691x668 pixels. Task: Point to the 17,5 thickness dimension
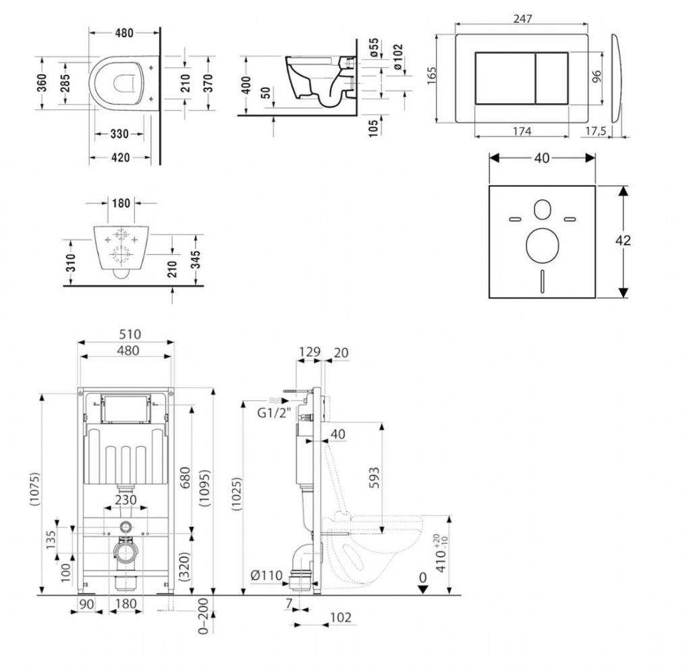pos(594,131)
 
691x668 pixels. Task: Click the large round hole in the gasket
pos(541,247)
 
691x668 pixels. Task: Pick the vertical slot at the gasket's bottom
pos(541,278)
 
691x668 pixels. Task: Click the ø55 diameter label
pos(379,49)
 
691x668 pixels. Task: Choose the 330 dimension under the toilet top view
pos(119,134)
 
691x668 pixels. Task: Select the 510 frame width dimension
pos(127,335)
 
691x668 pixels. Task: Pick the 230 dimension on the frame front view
pos(126,500)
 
